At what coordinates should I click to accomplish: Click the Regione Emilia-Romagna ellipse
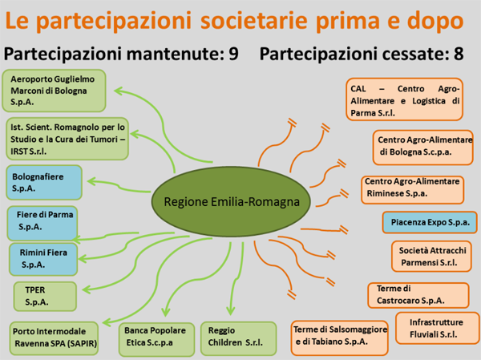pos(231,201)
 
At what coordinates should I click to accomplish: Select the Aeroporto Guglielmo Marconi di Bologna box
pos(54,91)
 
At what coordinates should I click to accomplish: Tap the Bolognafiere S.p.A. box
pos(44,183)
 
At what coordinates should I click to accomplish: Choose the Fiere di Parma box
pos(42,223)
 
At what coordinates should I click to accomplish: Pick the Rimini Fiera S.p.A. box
pos(43,259)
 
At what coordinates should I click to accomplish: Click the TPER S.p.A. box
pos(45,297)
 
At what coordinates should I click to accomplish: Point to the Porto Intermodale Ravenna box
pos(54,338)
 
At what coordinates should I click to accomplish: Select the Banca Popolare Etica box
pos(157,339)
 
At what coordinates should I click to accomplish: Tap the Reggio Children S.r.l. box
pos(238,339)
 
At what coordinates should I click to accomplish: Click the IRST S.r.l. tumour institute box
pos(67,139)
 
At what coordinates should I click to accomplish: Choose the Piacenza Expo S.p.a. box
pos(430,223)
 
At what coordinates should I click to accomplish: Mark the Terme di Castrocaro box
pos(418,295)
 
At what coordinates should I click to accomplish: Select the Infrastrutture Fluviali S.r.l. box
pos(438,328)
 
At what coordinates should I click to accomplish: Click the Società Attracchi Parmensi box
pos(431,257)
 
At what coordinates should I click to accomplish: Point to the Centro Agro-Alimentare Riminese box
pos(412,190)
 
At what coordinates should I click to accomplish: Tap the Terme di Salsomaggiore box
pos(340,338)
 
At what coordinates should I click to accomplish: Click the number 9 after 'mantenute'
pos(234,54)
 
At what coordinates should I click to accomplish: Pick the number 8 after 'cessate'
pos(459,54)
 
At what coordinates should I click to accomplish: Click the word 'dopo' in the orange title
pos(435,21)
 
